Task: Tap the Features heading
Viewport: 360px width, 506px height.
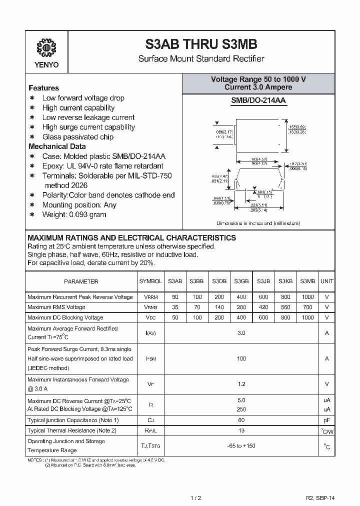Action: pyautogui.click(x=43, y=87)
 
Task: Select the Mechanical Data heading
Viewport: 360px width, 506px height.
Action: pyautogui.click(x=57, y=146)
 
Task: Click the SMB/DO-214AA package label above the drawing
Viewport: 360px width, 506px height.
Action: pyautogui.click(x=258, y=100)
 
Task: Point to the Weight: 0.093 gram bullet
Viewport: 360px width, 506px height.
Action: pyautogui.click(x=74, y=214)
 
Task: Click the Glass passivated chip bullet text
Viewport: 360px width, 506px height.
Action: pyautogui.click(x=77, y=137)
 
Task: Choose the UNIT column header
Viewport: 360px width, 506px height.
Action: pyautogui.click(x=327, y=281)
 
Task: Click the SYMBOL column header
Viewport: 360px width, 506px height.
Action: pyautogui.click(x=150, y=281)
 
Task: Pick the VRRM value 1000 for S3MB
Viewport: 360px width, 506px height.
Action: pyautogui.click(x=308, y=297)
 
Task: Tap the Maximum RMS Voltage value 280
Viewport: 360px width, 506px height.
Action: pyautogui.click(x=241, y=307)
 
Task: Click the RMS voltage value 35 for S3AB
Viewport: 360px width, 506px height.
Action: pyautogui.click(x=175, y=307)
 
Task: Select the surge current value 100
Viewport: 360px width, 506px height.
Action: pyautogui.click(x=241, y=358)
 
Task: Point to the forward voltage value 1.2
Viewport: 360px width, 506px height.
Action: pyautogui.click(x=241, y=384)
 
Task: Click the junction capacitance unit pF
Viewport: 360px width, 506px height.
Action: pyautogui.click(x=327, y=420)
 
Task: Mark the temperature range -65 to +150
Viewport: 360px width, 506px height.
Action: pyautogui.click(x=241, y=446)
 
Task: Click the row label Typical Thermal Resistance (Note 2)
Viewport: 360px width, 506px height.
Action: pyautogui.click(x=71, y=430)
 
